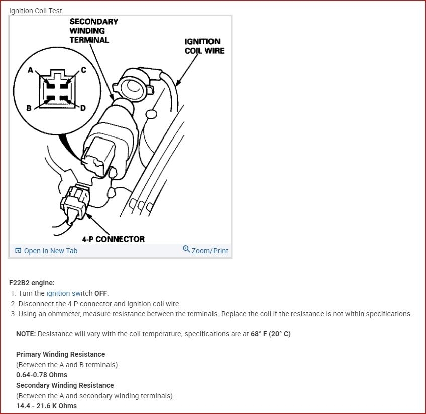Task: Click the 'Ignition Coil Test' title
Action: (36, 11)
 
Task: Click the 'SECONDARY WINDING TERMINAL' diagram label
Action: (93, 31)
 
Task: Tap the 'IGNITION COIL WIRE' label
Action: (204, 46)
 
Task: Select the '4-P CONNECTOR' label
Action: (113, 239)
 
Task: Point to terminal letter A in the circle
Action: (30, 70)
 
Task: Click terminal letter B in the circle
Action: (29, 108)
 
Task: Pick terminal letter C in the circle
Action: (83, 70)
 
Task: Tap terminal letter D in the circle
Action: (82, 108)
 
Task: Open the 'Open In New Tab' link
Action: (50, 251)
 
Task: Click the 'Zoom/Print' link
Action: (209, 251)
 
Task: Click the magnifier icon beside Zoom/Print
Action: (186, 249)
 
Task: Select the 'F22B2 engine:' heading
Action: (32, 283)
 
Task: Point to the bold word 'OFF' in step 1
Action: (100, 293)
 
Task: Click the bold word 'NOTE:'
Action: (26, 334)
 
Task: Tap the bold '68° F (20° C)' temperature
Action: (270, 334)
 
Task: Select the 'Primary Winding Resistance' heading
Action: (60, 354)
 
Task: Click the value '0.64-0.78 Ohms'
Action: (41, 375)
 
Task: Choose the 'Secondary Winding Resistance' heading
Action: (65, 385)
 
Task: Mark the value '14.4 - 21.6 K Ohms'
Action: (46, 406)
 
